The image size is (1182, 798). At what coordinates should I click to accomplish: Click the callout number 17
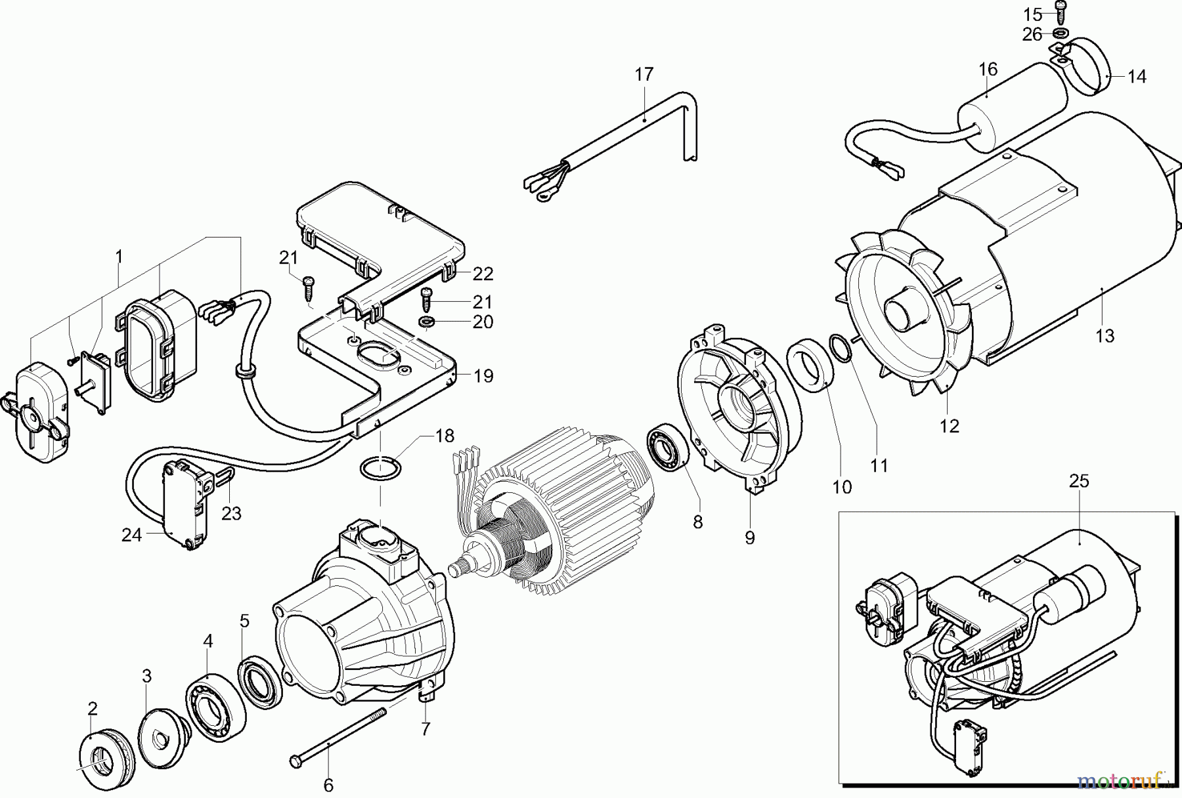pyautogui.click(x=644, y=75)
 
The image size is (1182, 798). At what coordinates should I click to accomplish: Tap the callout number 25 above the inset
pyautogui.click(x=1079, y=481)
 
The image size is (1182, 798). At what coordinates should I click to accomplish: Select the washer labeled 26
pyautogui.click(x=1061, y=32)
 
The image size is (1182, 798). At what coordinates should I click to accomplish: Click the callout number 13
pyautogui.click(x=1105, y=336)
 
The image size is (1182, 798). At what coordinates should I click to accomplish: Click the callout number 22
pyautogui.click(x=483, y=274)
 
